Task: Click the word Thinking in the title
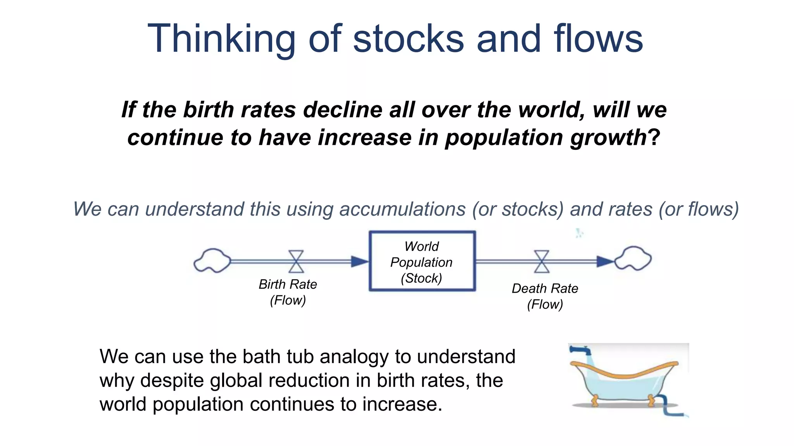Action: pos(221,39)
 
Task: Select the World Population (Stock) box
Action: pos(422,261)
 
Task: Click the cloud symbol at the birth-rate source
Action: pos(212,261)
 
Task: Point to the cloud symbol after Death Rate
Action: pos(633,258)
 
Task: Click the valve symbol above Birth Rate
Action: pos(297,262)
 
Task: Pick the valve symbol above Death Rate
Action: pos(542,262)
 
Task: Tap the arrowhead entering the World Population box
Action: pos(359,262)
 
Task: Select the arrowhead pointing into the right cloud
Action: pos(604,262)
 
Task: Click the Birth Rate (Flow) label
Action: pos(288,292)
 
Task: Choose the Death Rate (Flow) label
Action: pos(545,296)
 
